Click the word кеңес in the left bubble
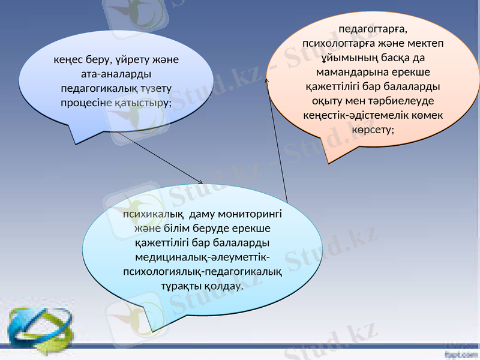coord(67,61)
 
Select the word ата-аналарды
coord(116,74)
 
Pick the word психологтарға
coord(338,43)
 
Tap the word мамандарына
coord(347,72)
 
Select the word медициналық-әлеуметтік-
coord(202,257)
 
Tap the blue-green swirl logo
coord(37,328)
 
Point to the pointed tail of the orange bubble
coord(328,161)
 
